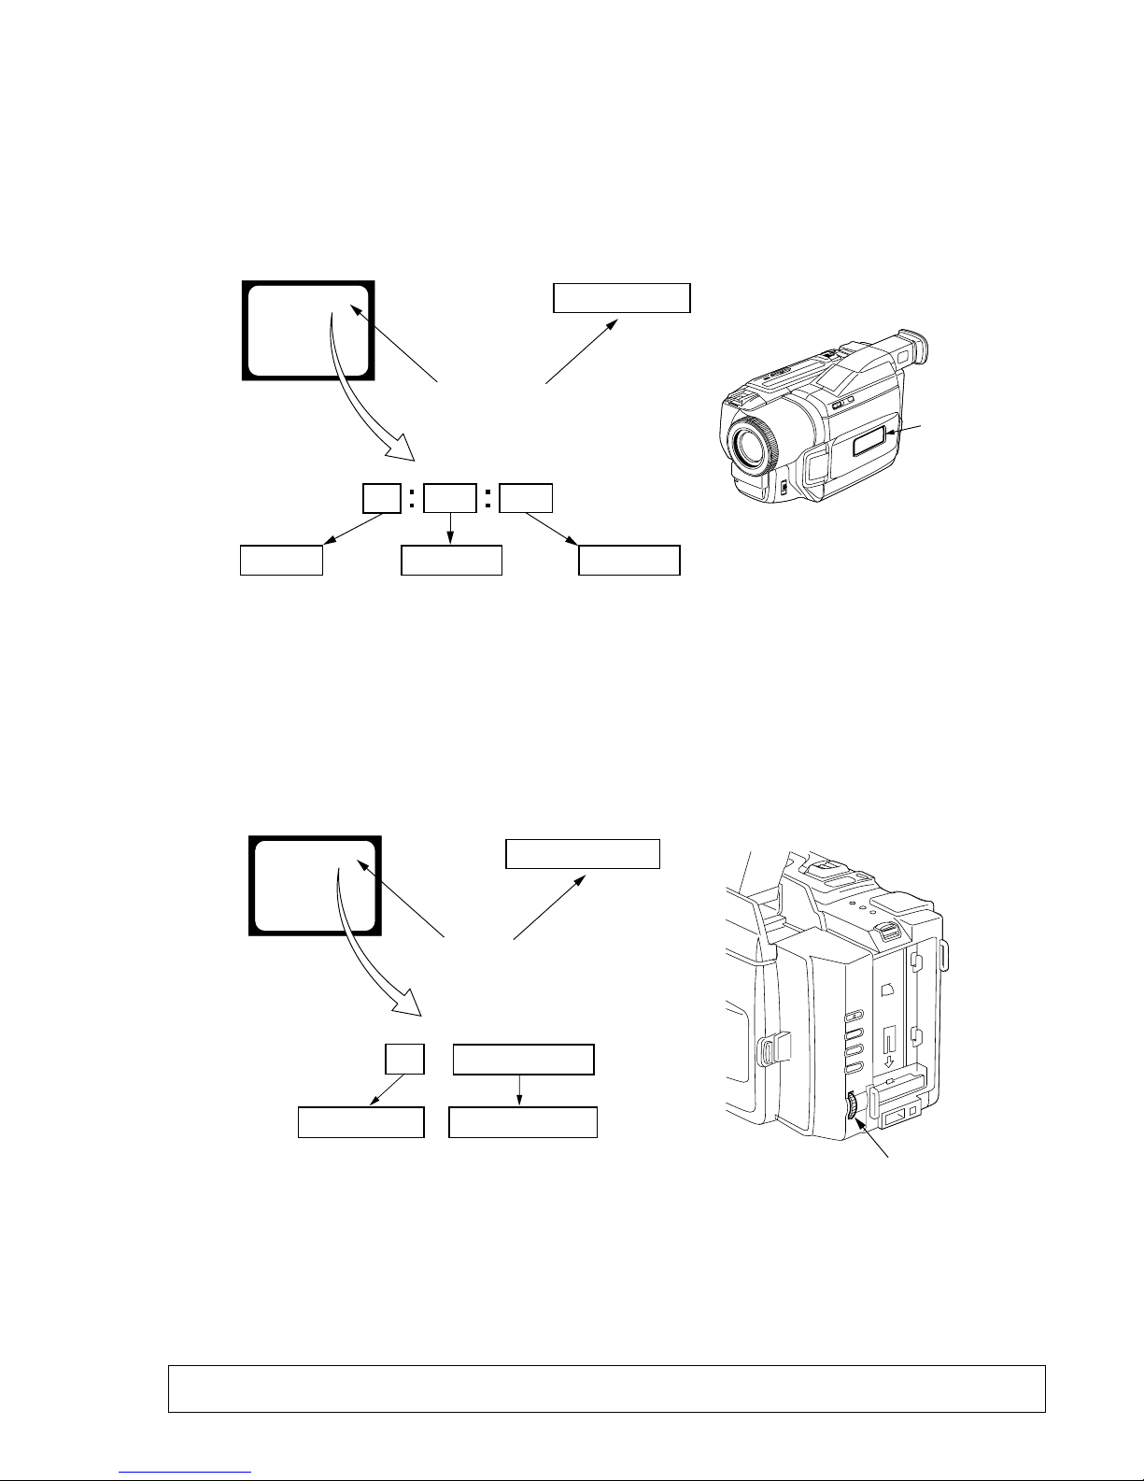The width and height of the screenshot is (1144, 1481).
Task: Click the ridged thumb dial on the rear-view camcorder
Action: pos(852,1107)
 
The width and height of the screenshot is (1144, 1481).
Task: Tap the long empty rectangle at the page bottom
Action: pos(605,1388)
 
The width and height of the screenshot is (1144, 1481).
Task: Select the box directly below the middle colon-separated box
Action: pos(451,560)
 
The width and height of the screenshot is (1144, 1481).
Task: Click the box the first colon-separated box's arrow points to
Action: pos(281,561)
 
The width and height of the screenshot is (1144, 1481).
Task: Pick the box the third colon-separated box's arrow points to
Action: pos(628,560)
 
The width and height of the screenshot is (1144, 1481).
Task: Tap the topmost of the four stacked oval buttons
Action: pos(851,1016)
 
